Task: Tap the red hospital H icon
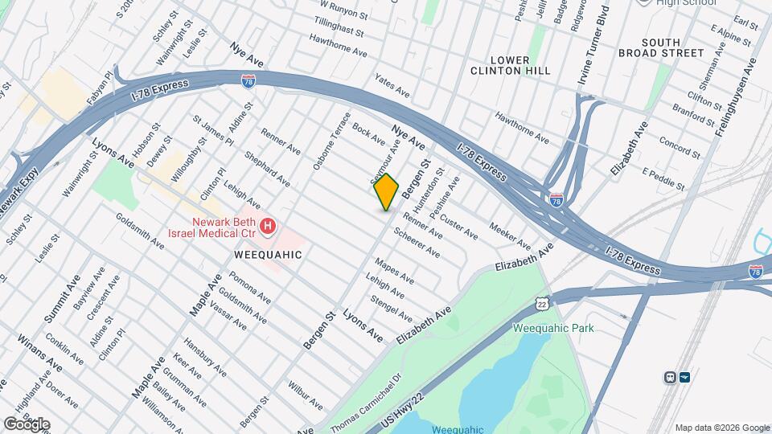point(269,227)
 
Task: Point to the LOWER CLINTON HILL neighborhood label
point(510,65)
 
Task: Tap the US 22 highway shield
point(543,302)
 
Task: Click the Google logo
point(27,424)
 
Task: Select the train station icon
point(669,377)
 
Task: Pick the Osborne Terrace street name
point(332,140)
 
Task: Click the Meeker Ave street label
point(510,235)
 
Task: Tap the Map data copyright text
point(721,427)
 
